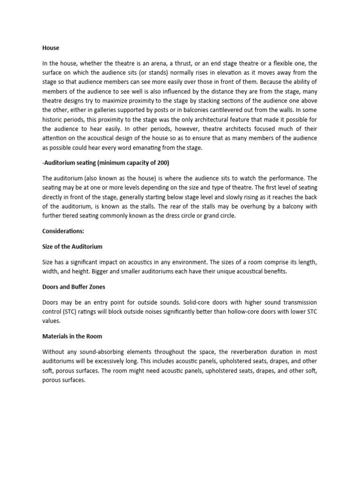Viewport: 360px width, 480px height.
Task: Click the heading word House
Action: pyautogui.click(x=51, y=48)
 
